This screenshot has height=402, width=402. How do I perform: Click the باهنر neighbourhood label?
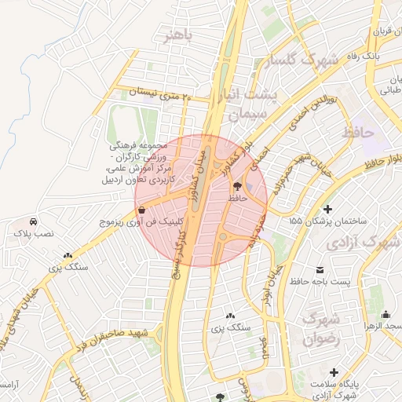pyautogui.click(x=174, y=35)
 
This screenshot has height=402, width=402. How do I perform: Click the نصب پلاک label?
pyautogui.click(x=32, y=234)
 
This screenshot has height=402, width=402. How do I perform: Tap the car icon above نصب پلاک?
pyautogui.click(x=32, y=221)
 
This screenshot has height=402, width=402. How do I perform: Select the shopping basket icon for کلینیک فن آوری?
pyautogui.click(x=141, y=210)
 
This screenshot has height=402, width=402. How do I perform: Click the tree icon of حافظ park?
pyautogui.click(x=238, y=187)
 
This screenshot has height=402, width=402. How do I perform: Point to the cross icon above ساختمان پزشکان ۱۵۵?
pyautogui.click(x=327, y=210)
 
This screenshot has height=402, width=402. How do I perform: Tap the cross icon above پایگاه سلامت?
pyautogui.click(x=334, y=371)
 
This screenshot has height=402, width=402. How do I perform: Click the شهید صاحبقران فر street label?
pyautogui.click(x=109, y=339)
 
